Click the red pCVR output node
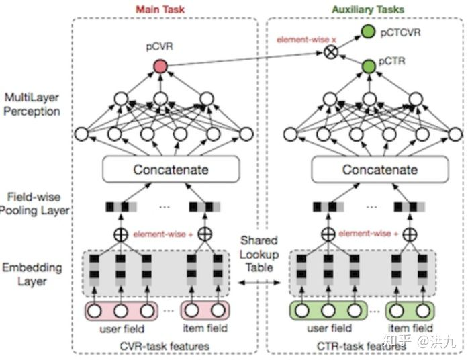point(160,66)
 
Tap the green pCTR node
point(367,66)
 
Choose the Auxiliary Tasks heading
point(368,10)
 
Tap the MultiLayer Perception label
point(32,104)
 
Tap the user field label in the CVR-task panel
point(120,328)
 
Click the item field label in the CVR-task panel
point(205,328)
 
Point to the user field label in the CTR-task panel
point(328,328)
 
